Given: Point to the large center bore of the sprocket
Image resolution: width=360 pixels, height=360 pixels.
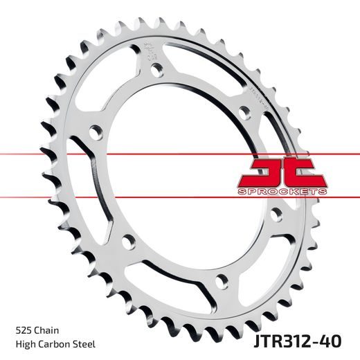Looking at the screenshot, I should pos(187,173).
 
